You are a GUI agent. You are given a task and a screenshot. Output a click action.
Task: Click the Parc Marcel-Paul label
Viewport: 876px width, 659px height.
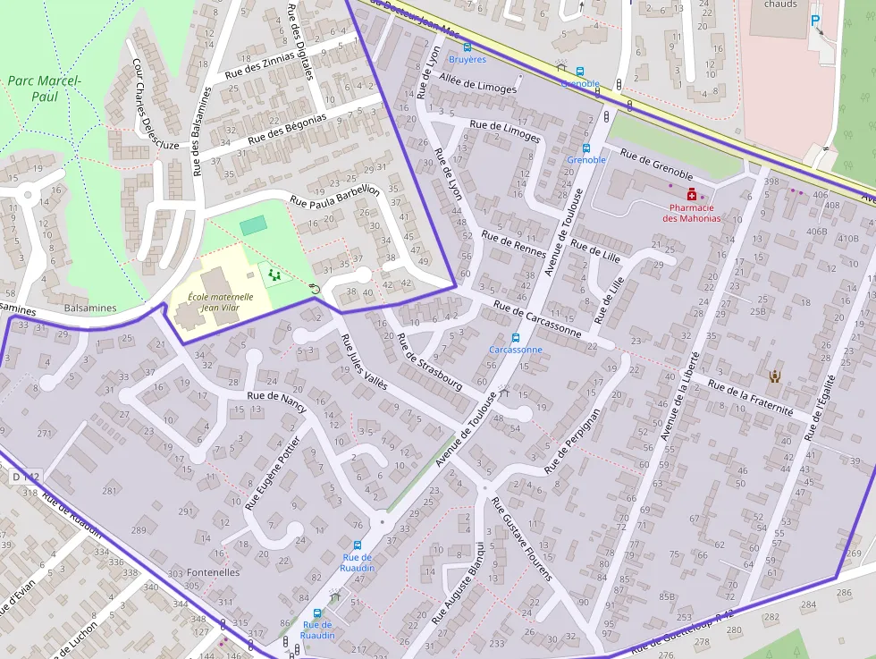click(x=44, y=88)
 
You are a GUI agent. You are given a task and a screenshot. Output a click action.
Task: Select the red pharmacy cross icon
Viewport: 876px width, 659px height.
click(x=691, y=194)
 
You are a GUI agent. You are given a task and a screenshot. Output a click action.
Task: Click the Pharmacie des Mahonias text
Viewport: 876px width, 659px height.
click(x=691, y=213)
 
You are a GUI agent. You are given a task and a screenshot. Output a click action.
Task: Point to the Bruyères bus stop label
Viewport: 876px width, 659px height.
click(x=467, y=59)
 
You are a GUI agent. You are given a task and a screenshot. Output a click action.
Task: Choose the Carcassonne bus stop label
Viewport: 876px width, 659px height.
click(x=515, y=350)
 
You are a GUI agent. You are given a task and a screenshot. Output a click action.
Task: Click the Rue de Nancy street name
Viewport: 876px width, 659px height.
click(x=276, y=401)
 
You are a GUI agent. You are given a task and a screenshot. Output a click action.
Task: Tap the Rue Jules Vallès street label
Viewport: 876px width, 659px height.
click(x=364, y=363)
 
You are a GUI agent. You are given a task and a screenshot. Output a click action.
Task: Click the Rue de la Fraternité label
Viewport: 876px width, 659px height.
click(x=750, y=397)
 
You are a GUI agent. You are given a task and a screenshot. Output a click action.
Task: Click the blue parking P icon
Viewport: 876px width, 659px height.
click(x=814, y=20)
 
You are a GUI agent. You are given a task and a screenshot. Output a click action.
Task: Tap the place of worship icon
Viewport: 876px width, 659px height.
click(x=774, y=376)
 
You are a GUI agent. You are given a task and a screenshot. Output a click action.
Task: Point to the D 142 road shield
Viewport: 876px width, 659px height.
click(x=27, y=477)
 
